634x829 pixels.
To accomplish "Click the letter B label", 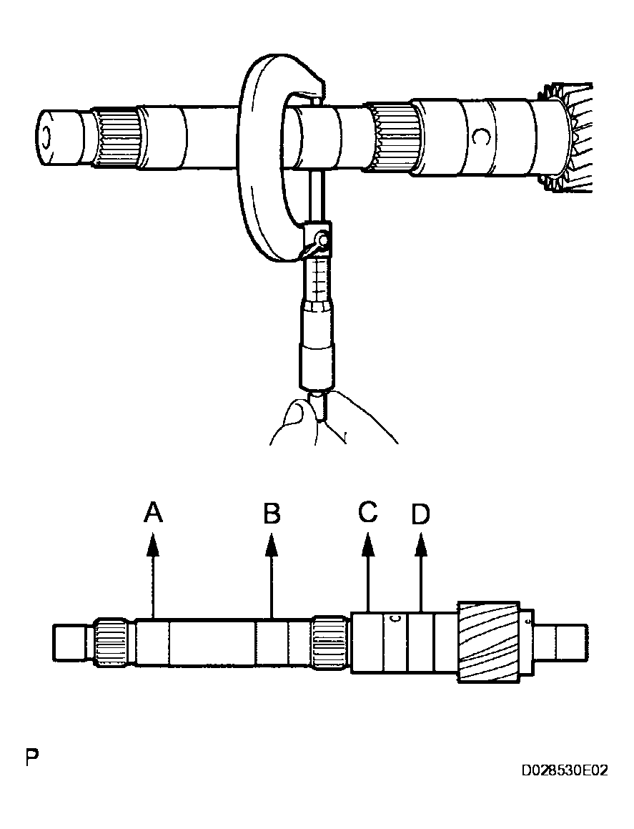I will [272, 514].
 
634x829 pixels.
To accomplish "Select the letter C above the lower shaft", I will [368, 512].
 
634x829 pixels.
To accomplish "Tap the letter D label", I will [421, 515].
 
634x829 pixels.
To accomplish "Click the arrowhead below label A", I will [153, 545].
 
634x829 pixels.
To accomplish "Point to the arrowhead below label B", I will [272, 545].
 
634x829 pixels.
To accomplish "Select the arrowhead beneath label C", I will [368, 545].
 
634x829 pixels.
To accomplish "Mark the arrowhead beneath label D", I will [421, 545].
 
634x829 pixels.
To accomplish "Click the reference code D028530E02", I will [564, 771].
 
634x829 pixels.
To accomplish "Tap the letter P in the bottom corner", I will [31, 757].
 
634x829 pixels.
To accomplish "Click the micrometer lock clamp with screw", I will [317, 240].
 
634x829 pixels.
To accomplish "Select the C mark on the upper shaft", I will [481, 135].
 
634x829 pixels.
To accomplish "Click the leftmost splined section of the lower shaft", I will [112, 641].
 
